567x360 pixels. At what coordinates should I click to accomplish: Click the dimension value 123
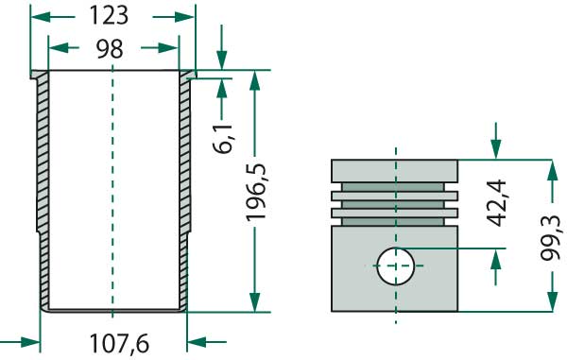pyautogui.click(x=109, y=16)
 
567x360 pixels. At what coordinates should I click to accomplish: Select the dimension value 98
pyautogui.click(x=110, y=49)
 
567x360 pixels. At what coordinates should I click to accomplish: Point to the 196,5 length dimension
pyautogui.click(x=256, y=192)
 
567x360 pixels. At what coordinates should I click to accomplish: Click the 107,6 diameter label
pyautogui.click(x=119, y=343)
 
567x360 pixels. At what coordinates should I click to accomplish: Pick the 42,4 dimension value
pyautogui.click(x=496, y=202)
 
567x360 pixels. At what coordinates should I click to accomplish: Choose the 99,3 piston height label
pyautogui.click(x=551, y=237)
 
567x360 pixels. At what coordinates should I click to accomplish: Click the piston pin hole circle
pyautogui.click(x=396, y=266)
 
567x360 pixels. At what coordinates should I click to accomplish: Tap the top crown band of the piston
pyautogui.click(x=395, y=171)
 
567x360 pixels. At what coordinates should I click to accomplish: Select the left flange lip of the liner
pyautogui.click(x=39, y=75)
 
